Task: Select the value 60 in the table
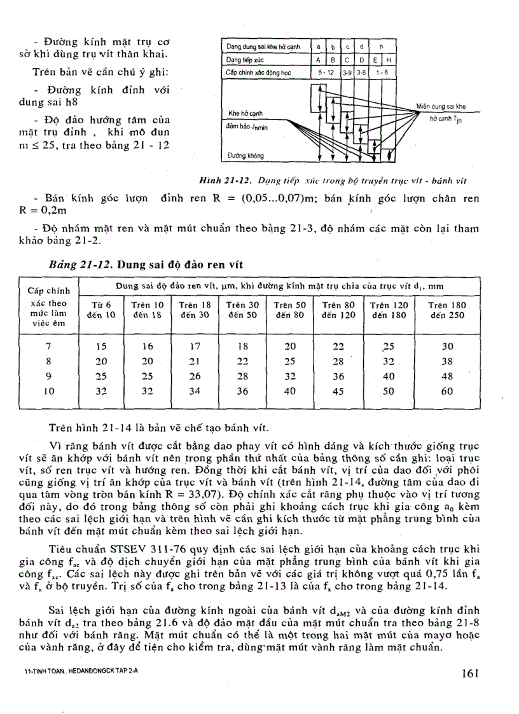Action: [x=447, y=392]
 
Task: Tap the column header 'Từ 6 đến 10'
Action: [x=99, y=310]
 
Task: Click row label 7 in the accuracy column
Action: [x=48, y=347]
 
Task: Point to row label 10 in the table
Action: [x=48, y=392]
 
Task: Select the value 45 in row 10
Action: [x=338, y=392]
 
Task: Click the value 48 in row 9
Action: [x=447, y=376]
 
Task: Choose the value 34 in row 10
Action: [x=195, y=392]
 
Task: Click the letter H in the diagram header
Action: [x=389, y=60]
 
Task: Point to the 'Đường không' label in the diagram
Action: [x=245, y=155]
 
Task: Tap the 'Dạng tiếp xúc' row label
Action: [x=241, y=60]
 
